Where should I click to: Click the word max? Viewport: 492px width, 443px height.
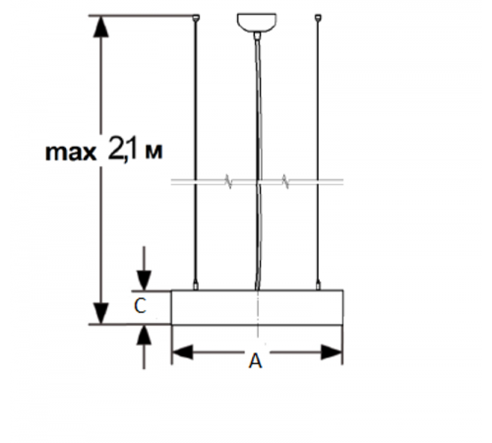coord(71,153)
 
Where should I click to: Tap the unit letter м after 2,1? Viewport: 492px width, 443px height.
coord(151,153)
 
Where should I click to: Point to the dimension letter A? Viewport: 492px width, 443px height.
coord(256,362)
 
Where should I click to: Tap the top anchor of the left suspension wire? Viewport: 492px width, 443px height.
coord(197,18)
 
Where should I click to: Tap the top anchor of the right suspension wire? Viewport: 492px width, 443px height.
coord(319,18)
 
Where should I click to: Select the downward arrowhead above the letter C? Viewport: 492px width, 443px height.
coord(144,281)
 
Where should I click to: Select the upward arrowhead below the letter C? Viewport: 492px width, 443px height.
coord(144,333)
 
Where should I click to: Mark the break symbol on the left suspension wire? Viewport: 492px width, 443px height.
coord(228,182)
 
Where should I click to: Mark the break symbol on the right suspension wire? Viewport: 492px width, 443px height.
coord(285,182)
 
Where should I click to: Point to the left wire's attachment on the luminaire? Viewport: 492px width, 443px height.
coord(197,287)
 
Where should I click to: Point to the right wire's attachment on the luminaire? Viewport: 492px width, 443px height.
coord(319,287)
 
